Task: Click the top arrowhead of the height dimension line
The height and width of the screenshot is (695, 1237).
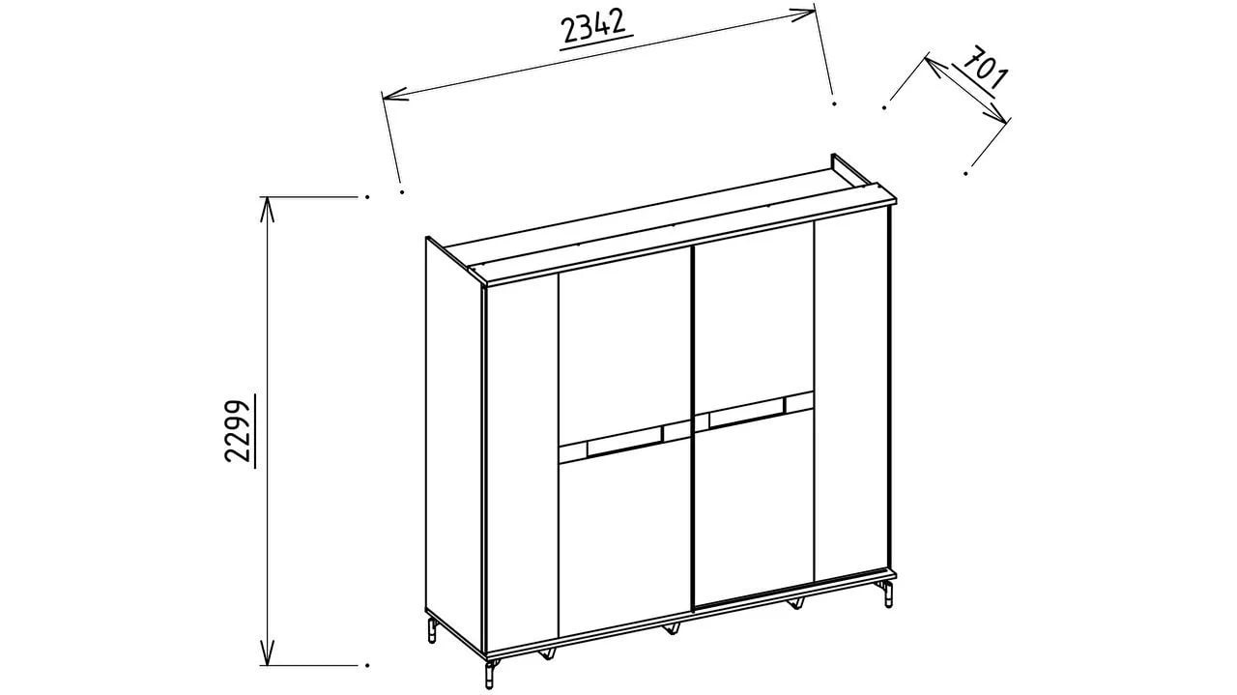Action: (x=268, y=210)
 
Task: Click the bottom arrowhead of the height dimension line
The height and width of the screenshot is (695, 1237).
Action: (x=268, y=652)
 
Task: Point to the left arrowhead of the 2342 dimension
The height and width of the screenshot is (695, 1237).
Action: (x=395, y=96)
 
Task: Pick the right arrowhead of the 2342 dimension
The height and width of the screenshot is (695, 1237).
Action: (x=802, y=14)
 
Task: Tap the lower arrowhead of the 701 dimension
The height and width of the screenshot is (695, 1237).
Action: (x=995, y=114)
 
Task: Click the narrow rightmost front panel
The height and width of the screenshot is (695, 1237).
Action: (x=851, y=395)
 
